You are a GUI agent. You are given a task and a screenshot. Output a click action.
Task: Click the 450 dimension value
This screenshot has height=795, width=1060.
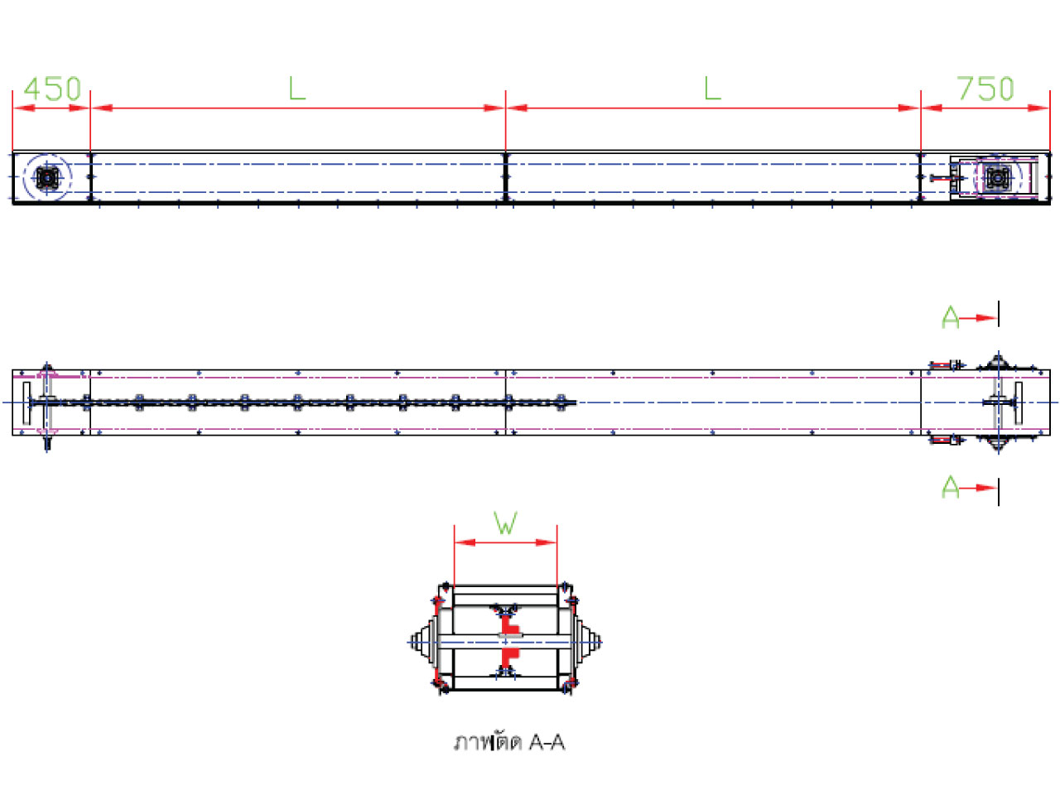(52, 89)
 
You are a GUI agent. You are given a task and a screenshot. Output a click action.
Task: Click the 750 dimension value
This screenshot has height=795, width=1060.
(985, 89)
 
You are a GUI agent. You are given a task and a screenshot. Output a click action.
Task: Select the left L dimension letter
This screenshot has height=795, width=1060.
(296, 88)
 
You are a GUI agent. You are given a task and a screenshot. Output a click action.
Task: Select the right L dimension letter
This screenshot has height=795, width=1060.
(712, 88)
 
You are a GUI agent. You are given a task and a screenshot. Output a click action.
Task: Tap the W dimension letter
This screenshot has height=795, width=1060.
(506, 523)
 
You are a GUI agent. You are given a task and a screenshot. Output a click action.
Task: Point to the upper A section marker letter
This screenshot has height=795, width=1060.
(951, 318)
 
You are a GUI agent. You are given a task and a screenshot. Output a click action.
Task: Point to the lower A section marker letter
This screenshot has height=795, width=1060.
(951, 488)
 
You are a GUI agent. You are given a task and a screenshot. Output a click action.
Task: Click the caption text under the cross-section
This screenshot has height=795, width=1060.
(509, 742)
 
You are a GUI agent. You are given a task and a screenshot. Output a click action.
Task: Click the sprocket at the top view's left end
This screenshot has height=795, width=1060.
(48, 178)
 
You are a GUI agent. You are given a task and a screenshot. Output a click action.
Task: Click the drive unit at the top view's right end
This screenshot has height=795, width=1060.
(997, 178)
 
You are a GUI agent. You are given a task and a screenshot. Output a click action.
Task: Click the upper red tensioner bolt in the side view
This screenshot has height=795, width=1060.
(945, 365)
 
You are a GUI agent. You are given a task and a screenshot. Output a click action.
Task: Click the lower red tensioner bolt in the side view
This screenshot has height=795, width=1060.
(945, 440)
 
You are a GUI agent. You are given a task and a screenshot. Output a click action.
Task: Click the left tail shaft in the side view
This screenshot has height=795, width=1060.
(47, 403)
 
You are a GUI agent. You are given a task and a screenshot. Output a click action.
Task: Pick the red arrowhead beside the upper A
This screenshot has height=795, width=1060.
(985, 318)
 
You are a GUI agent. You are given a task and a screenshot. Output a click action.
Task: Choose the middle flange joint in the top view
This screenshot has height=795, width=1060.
(506, 177)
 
